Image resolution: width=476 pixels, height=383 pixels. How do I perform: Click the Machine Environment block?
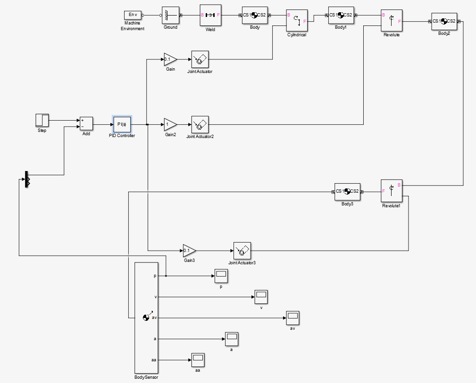(x=133, y=15)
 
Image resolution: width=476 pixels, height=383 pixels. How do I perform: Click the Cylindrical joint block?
(x=297, y=21)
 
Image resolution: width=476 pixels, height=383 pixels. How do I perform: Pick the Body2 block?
(x=444, y=21)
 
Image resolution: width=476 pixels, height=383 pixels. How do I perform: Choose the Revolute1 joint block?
(x=392, y=191)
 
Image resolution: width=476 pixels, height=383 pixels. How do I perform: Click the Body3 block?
(x=347, y=191)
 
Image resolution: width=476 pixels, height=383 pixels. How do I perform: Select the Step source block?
(x=42, y=120)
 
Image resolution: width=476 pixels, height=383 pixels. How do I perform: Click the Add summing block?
(x=86, y=123)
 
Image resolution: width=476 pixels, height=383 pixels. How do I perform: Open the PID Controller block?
(x=122, y=124)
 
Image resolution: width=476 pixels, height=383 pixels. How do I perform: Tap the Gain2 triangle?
(x=170, y=124)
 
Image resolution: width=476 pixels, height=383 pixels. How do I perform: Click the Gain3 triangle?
(x=189, y=250)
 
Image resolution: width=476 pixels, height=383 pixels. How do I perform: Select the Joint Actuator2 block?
(x=200, y=124)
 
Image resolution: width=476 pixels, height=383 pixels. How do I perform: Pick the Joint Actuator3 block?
(x=242, y=250)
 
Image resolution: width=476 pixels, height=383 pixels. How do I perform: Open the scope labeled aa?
(x=198, y=360)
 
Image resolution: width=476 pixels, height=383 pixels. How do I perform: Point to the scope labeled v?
(x=261, y=297)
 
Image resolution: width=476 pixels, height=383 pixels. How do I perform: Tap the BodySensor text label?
(x=146, y=377)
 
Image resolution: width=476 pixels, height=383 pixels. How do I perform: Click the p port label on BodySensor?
(x=155, y=276)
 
